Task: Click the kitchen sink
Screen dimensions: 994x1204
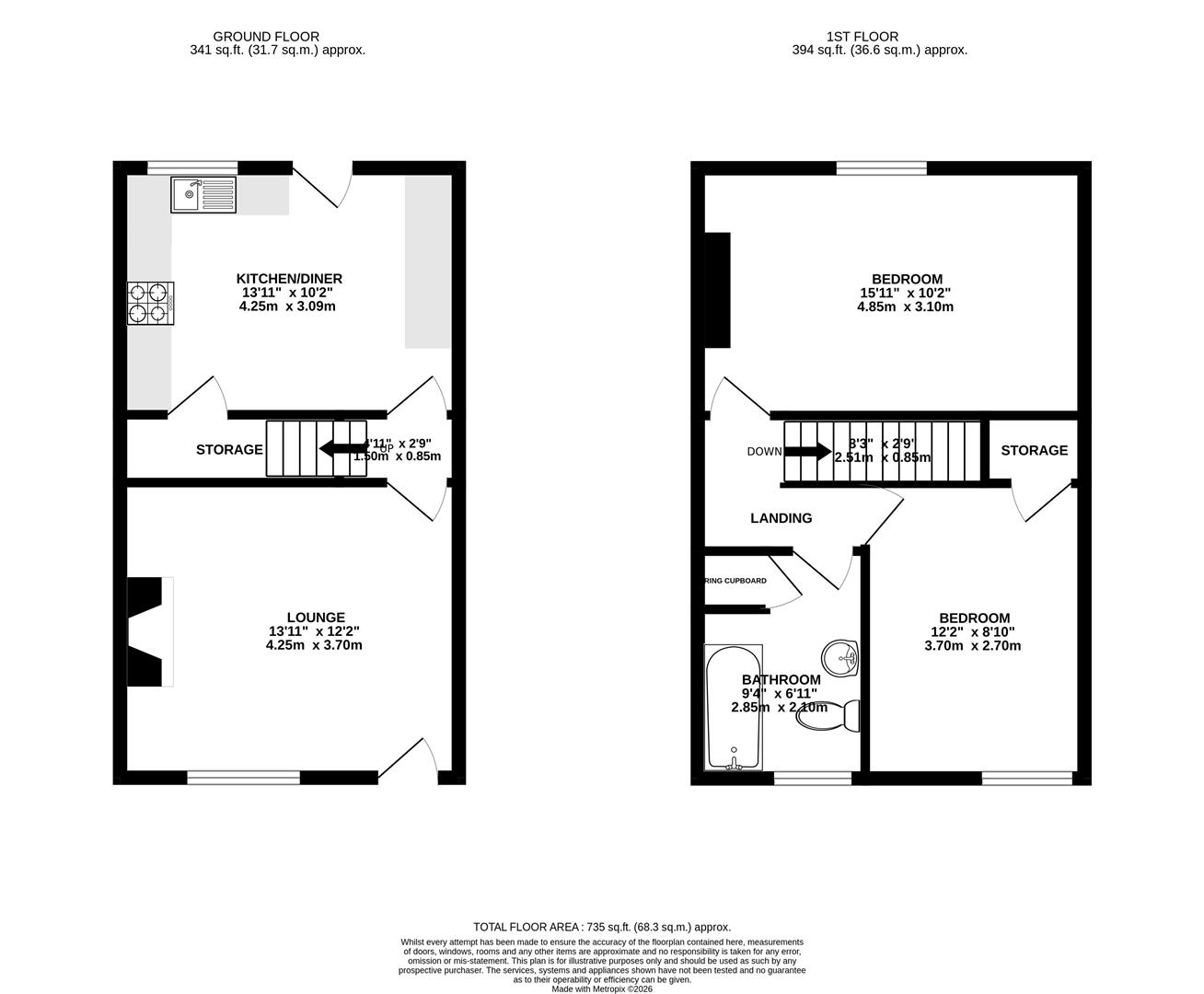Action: coord(203,194)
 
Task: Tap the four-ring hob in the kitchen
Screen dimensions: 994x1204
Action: coord(151,303)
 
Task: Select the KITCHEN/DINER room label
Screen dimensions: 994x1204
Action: coord(289,279)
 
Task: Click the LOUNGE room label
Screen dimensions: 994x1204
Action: coord(316,618)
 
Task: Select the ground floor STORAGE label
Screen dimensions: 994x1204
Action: coord(229,450)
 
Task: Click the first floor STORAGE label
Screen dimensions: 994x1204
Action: coord(1035,450)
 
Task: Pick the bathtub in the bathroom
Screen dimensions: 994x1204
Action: coord(734,707)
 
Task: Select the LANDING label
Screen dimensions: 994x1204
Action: coord(781,518)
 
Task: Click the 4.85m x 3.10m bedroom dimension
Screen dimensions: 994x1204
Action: coord(907,306)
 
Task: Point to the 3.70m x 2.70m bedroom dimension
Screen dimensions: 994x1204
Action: coord(973,646)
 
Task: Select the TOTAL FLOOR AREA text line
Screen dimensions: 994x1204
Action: coord(601,927)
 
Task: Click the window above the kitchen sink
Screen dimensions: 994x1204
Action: coord(192,168)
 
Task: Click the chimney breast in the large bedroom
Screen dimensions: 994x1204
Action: coord(717,290)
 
